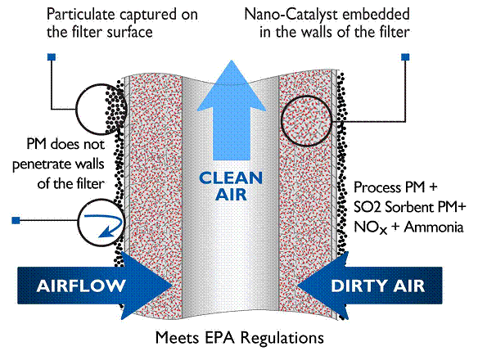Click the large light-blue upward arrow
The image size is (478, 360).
click(232, 116)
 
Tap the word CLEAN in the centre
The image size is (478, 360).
click(231, 178)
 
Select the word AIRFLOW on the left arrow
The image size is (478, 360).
click(81, 286)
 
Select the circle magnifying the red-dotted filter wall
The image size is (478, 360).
click(306, 121)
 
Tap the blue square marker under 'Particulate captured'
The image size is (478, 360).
click(52, 57)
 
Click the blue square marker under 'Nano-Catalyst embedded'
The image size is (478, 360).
click(405, 57)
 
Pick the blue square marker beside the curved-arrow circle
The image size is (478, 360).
click(16, 220)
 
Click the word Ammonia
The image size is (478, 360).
click(433, 227)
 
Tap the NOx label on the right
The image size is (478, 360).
click(371, 228)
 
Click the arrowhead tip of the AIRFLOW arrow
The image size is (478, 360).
click(173, 286)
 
